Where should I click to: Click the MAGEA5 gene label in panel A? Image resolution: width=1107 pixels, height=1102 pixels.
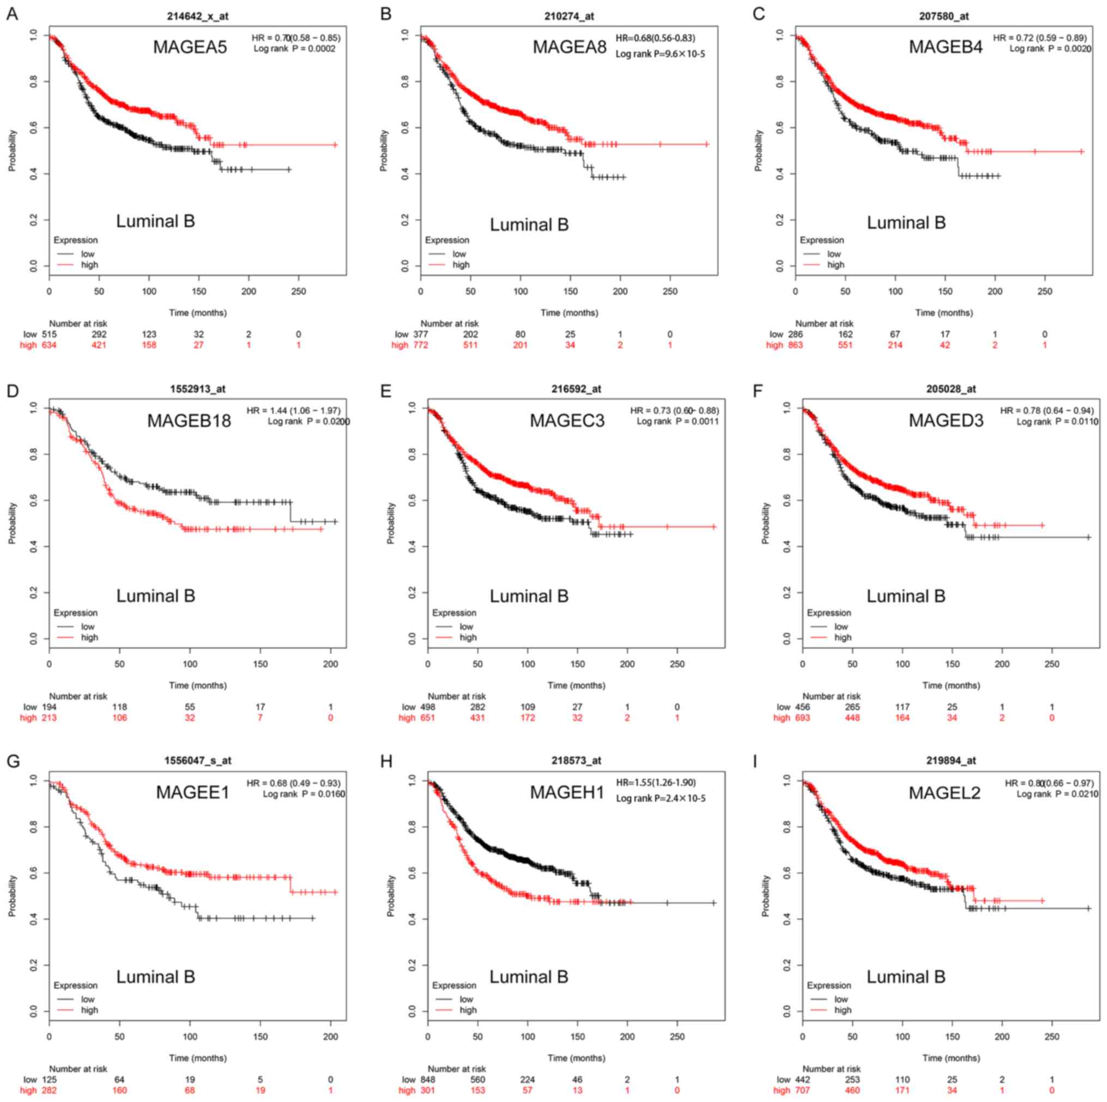[x=190, y=47]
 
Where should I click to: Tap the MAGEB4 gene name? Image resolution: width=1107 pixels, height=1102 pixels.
[x=946, y=47]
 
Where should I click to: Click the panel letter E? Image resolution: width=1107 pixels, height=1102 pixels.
[x=385, y=391]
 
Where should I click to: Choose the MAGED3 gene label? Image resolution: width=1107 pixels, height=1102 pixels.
[x=946, y=421]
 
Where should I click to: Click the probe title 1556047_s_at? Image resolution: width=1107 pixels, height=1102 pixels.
[x=198, y=760]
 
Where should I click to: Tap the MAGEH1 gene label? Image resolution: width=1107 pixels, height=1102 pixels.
[x=567, y=792]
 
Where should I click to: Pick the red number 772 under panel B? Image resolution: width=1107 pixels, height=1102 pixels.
[x=421, y=345]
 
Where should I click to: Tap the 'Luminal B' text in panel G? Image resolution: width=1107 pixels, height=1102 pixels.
[x=155, y=977]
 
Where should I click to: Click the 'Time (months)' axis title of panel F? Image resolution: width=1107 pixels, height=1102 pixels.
[x=951, y=686]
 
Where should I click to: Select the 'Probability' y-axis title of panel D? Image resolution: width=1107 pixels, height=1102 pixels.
[x=12, y=523]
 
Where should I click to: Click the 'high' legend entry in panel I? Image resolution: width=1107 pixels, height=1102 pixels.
[x=842, y=1010]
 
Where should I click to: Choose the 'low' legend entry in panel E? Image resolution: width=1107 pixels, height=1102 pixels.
[x=467, y=626]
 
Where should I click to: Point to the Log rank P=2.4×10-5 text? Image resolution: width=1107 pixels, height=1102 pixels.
[x=661, y=798]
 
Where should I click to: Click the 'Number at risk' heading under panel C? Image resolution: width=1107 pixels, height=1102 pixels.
[x=824, y=324]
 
